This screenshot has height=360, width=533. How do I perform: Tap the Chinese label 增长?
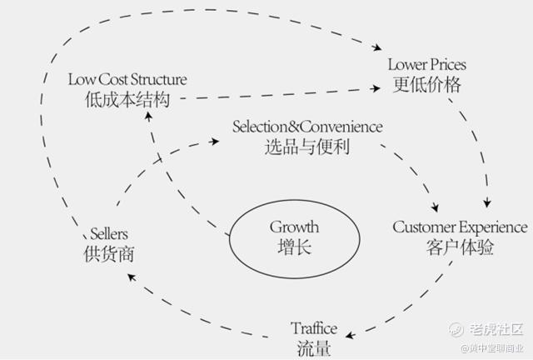pos(294,247)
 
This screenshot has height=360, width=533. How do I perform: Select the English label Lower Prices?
pos(427,65)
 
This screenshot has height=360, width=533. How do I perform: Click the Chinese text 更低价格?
pos(427,84)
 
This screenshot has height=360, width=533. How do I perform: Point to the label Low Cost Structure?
pos(127,80)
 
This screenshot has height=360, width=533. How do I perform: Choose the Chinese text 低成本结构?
pos(127,100)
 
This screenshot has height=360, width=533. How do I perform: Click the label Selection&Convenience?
pos(307,127)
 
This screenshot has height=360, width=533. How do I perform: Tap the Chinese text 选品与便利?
pos(307,147)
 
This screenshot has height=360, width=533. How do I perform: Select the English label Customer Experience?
pos(460,227)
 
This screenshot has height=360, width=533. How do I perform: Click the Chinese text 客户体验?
pos(460,247)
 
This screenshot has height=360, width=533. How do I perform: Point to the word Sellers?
pos(109,234)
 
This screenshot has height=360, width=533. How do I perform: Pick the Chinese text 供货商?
pos(109,254)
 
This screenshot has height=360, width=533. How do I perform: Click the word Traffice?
pos(314,328)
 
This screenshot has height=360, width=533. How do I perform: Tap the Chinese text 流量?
pos(314,347)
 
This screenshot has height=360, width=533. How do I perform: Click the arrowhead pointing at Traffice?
pos(350,335)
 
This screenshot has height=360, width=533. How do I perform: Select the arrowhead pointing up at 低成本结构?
pos(148,117)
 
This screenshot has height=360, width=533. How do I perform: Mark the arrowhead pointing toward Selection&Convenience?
pos(215,141)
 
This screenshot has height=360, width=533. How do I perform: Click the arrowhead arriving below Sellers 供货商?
pos(132,277)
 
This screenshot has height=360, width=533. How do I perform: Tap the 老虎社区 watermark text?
pos(496,329)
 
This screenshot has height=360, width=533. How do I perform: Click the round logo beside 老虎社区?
pos(456,329)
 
